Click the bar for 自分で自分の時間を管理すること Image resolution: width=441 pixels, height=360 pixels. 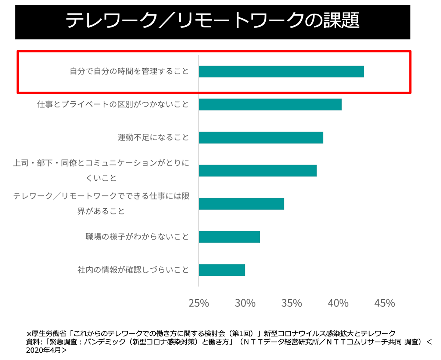coord(281,72)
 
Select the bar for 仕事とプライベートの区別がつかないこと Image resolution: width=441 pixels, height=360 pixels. coord(270,105)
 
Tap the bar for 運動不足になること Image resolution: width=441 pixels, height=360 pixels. coord(261,138)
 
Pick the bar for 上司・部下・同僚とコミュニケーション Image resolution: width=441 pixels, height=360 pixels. coord(258,171)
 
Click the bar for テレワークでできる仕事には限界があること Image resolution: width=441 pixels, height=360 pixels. coord(241,204)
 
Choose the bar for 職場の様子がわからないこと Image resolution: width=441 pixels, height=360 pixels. coord(229,237)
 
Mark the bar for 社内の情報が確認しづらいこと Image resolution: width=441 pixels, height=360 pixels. coord(222,270)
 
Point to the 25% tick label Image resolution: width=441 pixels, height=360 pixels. coord(198,303)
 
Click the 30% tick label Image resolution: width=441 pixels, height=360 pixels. coord(245,303)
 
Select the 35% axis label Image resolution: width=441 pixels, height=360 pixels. coord(291,303)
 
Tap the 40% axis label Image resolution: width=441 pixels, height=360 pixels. coord(338,303)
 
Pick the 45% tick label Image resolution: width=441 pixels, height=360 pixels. coord(384,303)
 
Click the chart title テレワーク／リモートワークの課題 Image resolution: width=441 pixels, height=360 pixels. coord(212,21)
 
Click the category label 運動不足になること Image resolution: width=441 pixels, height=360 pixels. coord(153,138)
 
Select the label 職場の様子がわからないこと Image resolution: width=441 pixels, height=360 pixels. coord(137,237)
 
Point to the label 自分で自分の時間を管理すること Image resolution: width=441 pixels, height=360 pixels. coord(129,71)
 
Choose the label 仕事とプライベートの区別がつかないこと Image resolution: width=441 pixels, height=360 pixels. coord(113,105)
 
